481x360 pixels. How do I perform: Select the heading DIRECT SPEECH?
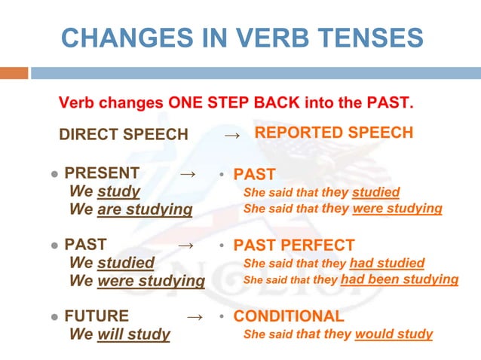coord(124,135)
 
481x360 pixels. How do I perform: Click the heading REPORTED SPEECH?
coord(334,133)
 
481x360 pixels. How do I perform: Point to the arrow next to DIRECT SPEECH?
coord(233,136)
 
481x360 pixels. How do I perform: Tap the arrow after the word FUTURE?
coord(194,316)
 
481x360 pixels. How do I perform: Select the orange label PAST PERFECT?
coord(294,246)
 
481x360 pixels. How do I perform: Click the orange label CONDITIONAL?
coord(289,316)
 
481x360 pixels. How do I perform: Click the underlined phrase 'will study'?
coord(133,334)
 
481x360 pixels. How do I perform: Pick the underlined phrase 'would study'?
coord(394,334)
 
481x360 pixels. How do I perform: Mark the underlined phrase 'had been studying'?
coord(400,280)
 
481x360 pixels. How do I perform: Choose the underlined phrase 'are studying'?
coord(145,209)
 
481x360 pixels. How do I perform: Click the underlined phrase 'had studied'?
coord(387,264)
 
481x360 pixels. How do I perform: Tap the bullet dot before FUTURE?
coord(54,317)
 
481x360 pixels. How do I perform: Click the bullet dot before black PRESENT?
coord(54,175)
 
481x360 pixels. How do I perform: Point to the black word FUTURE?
coord(97,316)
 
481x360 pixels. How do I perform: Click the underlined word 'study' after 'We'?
coord(118,192)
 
